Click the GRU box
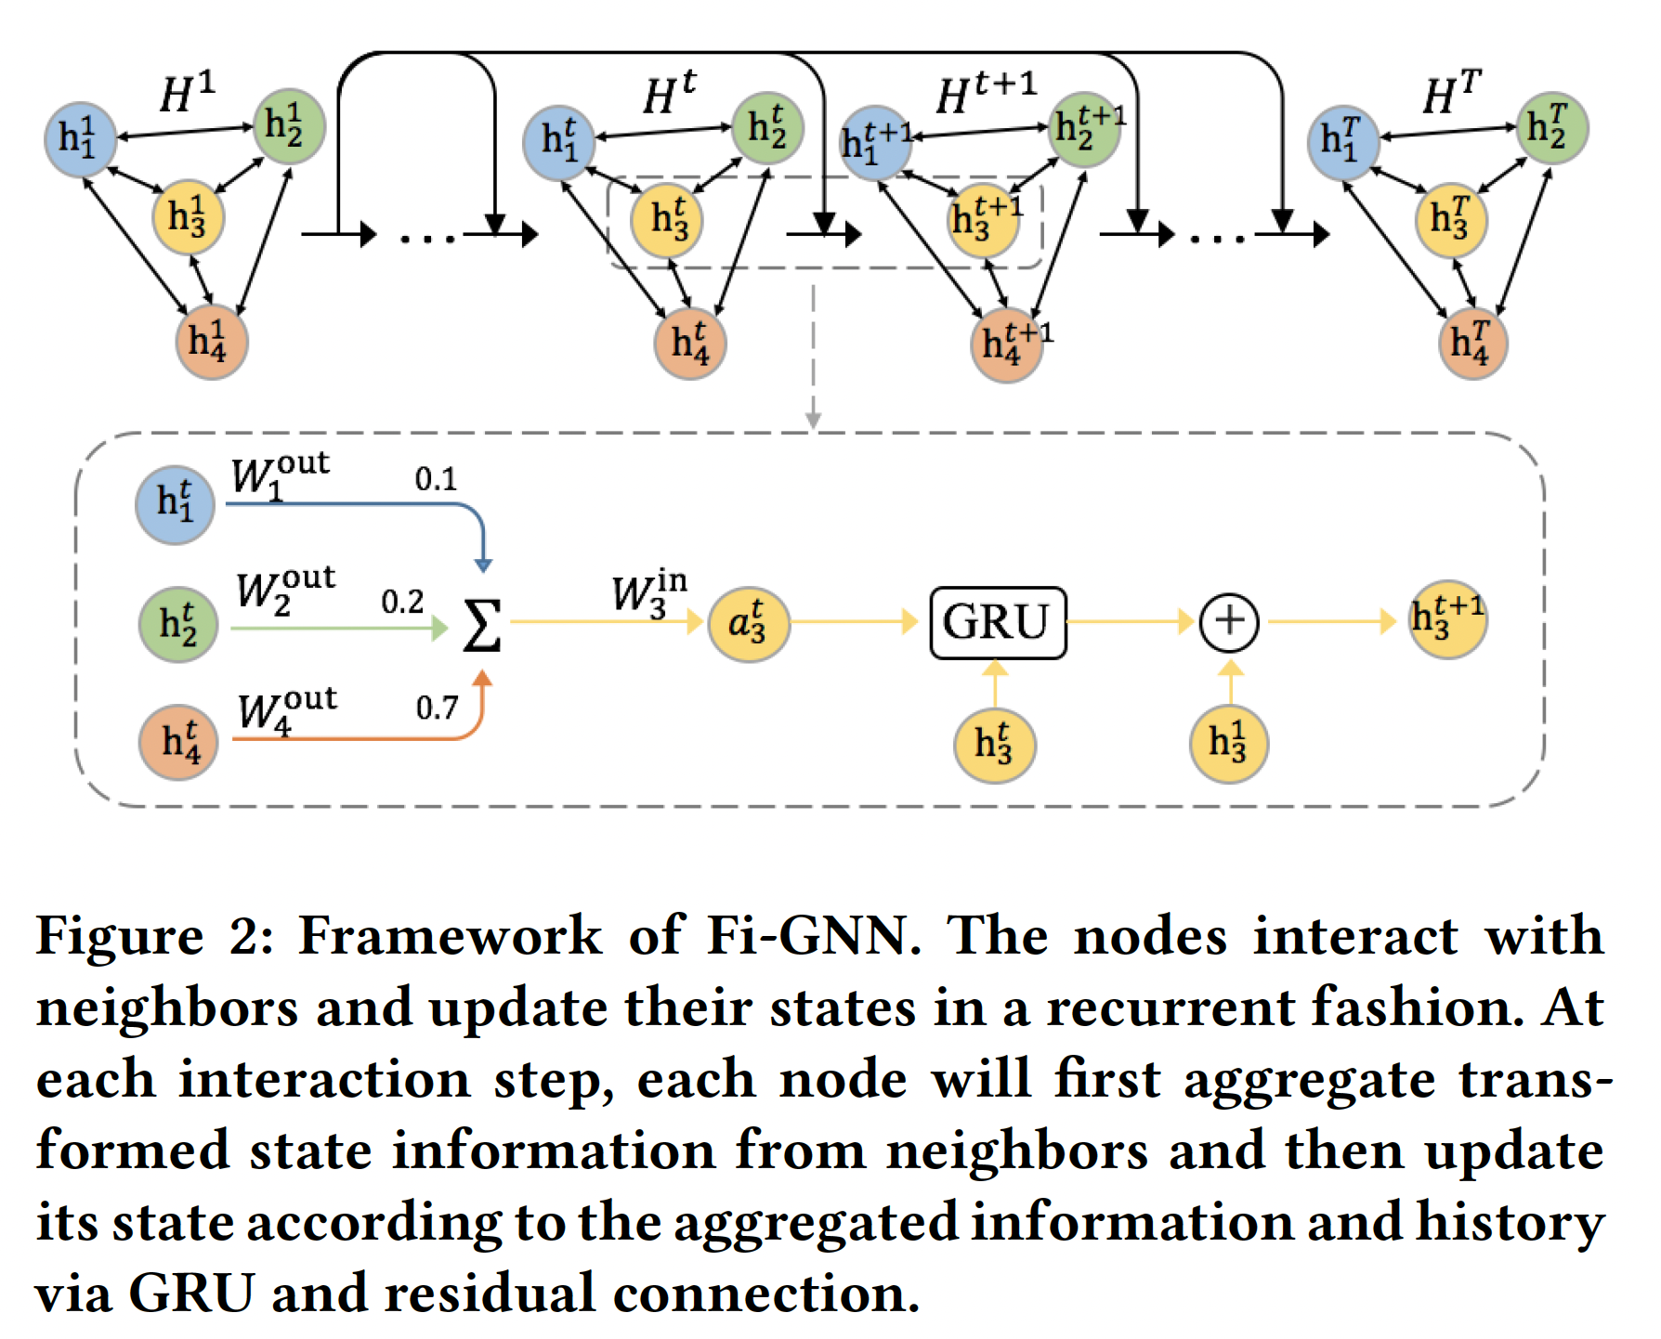pos(998,622)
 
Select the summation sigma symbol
pos(481,625)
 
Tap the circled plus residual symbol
pos(1229,621)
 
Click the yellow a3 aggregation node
pos(749,623)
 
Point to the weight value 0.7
pos(437,708)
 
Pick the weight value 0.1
pos(436,479)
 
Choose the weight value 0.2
pos(402,602)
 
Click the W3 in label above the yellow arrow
pos(648,593)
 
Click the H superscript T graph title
pos(1451,93)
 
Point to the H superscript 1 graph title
pos(188,93)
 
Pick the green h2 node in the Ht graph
pos(767,128)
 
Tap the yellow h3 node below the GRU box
pos(994,745)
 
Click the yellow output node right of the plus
pos(1447,619)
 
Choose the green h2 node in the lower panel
pos(177,624)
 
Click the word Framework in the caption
pos(450,935)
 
